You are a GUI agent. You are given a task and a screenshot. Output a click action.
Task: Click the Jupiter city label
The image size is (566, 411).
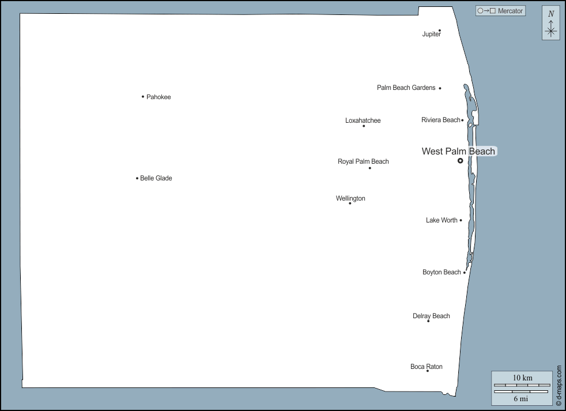coord(431,35)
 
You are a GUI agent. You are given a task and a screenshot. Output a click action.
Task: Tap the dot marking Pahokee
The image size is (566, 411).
coord(143,96)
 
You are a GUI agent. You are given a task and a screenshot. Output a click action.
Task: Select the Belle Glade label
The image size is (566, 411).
coord(156,179)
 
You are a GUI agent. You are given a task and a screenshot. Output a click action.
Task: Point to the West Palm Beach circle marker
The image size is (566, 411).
coord(460,161)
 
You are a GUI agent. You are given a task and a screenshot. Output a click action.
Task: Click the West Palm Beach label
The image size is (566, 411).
coord(458,152)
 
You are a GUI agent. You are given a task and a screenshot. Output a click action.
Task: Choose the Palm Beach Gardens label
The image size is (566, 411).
coord(406,88)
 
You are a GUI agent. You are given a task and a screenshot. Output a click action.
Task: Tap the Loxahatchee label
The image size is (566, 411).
coord(363,120)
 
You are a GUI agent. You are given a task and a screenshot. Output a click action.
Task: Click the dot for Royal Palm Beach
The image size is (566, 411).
coord(370,168)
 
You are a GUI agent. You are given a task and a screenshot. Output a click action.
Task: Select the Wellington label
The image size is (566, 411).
coord(350,198)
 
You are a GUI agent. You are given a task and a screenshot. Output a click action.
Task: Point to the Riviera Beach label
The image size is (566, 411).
coord(440,120)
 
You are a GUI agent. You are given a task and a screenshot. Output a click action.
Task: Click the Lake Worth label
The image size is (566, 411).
coord(442,220)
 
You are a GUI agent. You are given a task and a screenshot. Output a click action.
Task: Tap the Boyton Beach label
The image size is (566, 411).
coord(442,272)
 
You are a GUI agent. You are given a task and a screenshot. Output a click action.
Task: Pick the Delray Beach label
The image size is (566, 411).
coord(431,316)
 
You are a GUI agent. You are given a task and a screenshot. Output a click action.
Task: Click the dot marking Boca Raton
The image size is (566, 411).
coord(427,371)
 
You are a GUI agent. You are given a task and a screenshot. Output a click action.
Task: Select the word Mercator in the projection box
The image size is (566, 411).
coord(510,11)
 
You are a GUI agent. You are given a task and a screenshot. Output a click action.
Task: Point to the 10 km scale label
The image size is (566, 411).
coord(523,378)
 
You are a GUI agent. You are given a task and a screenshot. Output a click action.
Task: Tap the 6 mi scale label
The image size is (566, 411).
coord(520,398)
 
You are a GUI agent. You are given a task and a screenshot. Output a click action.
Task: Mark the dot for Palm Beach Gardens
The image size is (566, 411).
coord(440,88)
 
